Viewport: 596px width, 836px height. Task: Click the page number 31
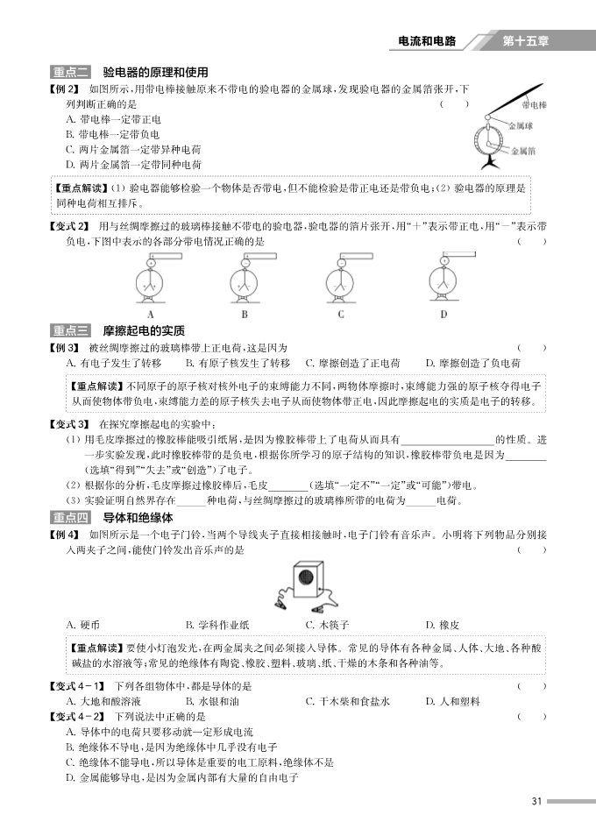[538, 801]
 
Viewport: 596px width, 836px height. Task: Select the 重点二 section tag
[71, 72]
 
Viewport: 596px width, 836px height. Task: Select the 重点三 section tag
[71, 330]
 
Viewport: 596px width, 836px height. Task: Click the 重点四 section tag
[71, 518]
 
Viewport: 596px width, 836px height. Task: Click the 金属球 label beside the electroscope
[521, 124]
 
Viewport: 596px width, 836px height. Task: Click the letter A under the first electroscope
[150, 314]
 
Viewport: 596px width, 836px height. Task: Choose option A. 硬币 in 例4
[83, 625]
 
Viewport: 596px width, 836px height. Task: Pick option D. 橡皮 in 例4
[442, 625]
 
